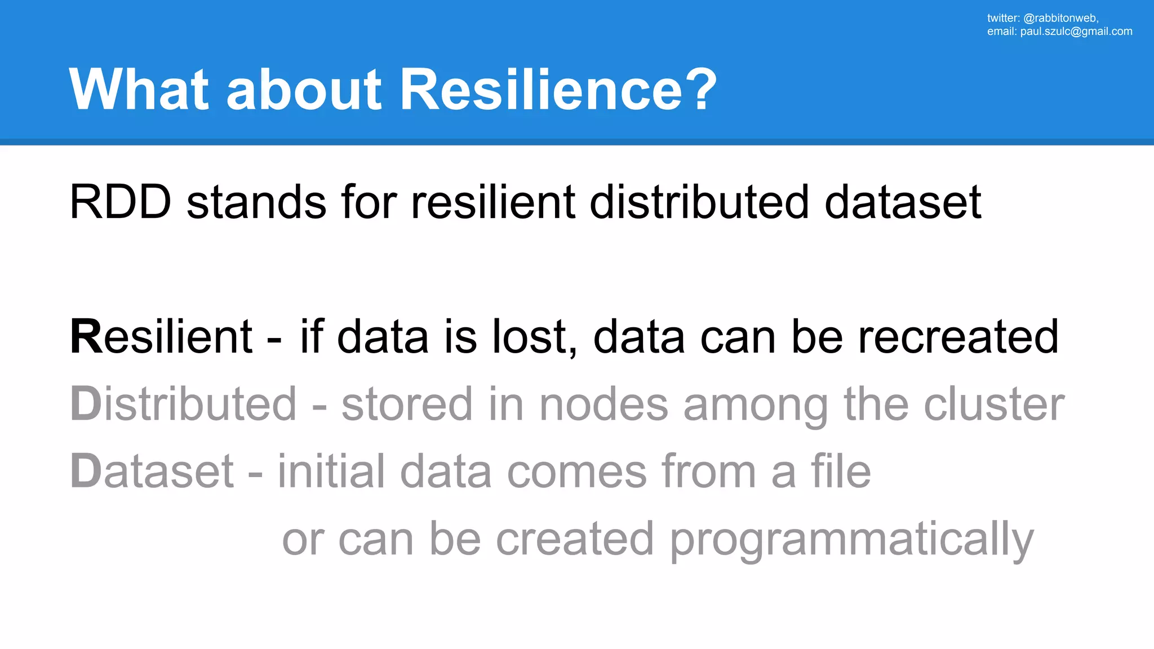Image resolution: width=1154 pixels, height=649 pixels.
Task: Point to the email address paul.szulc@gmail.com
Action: (x=1076, y=32)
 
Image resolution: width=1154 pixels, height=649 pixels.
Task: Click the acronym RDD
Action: (x=120, y=202)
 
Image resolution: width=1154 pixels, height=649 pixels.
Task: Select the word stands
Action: (x=256, y=202)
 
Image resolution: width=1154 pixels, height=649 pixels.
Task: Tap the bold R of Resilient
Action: (x=86, y=337)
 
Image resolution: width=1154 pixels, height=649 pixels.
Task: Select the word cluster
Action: (x=994, y=404)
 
